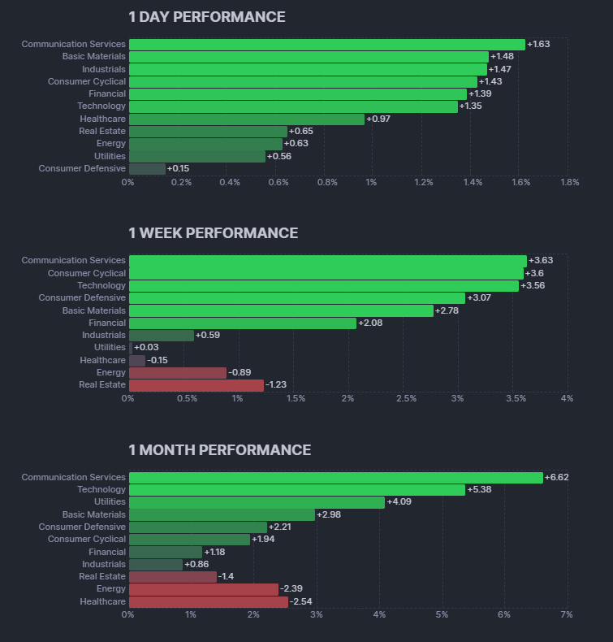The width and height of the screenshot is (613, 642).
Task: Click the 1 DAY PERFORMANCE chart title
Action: (x=206, y=17)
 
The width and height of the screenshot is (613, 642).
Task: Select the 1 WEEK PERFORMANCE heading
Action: (x=213, y=233)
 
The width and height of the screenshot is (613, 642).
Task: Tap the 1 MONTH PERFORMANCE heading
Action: (x=219, y=450)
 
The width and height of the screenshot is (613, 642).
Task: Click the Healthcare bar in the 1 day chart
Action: (x=246, y=119)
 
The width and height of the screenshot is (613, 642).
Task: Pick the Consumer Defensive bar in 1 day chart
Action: (x=147, y=169)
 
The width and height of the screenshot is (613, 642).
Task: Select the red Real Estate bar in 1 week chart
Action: (x=196, y=385)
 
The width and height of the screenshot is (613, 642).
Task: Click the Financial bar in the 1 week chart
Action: (x=242, y=323)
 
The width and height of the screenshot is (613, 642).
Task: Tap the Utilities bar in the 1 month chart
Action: (x=256, y=502)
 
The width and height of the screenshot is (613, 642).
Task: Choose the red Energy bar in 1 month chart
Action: (x=203, y=589)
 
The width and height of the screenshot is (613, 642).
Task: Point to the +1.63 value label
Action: (x=538, y=44)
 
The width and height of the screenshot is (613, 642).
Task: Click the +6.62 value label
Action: (x=556, y=477)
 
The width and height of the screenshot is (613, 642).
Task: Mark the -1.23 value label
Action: (x=276, y=385)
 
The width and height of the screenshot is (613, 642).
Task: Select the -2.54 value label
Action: (x=300, y=602)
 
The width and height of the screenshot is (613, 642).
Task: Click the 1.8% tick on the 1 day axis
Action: (x=569, y=182)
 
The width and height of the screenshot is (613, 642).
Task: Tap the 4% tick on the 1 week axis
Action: (x=567, y=398)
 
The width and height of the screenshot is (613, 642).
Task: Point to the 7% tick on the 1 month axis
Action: (x=566, y=615)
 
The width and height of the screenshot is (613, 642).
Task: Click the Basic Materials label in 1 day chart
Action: (x=94, y=57)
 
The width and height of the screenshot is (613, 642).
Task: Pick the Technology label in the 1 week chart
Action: (x=101, y=286)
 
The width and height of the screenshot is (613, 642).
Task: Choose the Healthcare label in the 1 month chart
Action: (x=102, y=601)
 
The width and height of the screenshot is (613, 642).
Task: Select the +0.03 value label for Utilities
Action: (x=146, y=348)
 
